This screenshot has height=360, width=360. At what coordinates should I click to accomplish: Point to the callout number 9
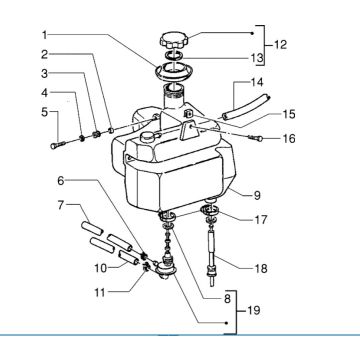tap(257, 194)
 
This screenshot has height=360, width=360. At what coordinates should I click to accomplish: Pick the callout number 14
tap(257, 81)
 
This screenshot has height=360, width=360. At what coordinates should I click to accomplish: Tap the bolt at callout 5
tap(54, 148)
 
